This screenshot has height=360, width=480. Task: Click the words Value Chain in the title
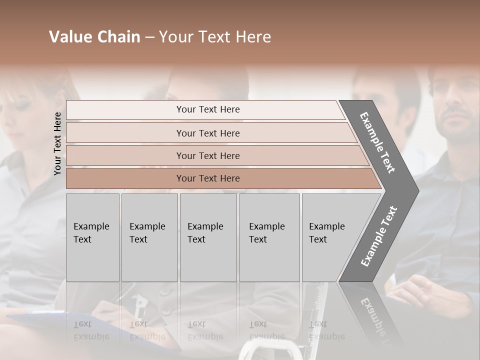94,37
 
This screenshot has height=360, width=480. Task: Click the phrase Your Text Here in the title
215,37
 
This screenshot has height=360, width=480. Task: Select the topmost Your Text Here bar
208,109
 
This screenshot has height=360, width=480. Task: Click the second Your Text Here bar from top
208,133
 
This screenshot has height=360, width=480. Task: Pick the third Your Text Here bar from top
208,155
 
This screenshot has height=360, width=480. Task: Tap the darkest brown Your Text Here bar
208,178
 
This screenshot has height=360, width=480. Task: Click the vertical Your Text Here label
57,143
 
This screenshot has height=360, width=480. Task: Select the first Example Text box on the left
92,237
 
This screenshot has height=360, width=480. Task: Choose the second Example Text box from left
149,237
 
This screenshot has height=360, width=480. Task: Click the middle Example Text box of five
208,237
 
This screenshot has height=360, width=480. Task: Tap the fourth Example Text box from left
269,237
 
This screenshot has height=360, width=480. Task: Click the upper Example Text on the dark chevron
377,142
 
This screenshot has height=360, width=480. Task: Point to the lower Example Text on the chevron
379,236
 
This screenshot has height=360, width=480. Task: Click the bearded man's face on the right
455,107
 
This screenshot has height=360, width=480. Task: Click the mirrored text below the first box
91,330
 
